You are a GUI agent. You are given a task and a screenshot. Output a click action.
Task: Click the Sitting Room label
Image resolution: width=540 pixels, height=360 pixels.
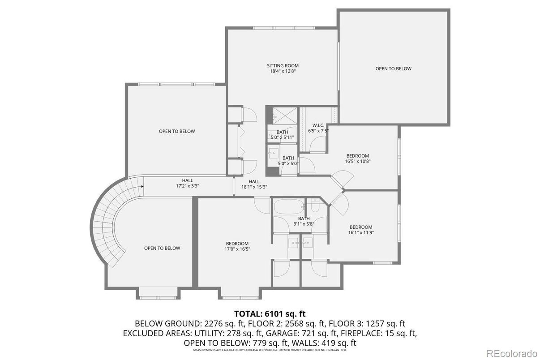click(283, 68)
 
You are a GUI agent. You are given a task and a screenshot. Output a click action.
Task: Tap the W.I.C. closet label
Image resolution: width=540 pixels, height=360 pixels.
click(318, 128)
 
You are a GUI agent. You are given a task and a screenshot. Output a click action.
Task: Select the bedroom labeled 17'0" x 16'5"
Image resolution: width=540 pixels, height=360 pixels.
click(237, 246)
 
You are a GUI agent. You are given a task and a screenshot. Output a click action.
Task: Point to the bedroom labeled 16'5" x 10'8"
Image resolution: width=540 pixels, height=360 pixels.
click(357, 159)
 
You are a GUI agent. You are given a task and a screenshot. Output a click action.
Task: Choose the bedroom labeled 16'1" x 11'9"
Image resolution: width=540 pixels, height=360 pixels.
click(360, 230)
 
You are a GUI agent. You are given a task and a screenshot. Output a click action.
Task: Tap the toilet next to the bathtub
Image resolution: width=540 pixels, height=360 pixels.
click(315, 206)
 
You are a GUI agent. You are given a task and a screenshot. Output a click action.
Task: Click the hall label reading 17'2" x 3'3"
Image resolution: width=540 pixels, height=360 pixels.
click(187, 183)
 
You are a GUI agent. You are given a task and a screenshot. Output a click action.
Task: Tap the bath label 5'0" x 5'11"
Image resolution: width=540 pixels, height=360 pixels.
click(282, 135)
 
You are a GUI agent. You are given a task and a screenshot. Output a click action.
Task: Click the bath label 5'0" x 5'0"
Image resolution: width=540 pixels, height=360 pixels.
click(288, 161)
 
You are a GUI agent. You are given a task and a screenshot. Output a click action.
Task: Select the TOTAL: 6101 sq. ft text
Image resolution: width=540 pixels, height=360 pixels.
click(270, 313)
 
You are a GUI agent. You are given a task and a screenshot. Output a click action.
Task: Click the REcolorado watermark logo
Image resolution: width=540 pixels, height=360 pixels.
click(511, 352)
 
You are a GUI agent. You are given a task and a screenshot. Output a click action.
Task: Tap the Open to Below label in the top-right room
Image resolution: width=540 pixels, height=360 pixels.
click(393, 69)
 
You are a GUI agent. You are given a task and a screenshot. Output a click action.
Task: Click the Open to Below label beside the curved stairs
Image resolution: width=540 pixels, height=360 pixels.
click(162, 248)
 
